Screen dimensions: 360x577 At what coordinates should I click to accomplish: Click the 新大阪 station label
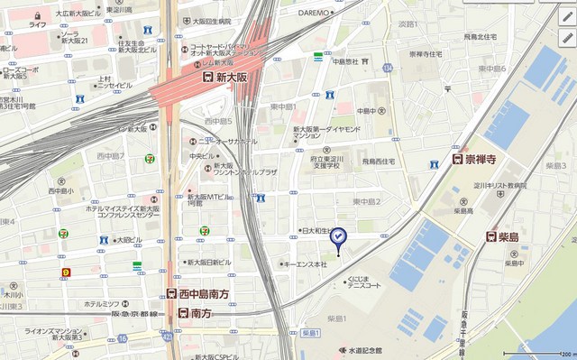coord(234,78)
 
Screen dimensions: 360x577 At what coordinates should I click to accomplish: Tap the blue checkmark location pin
coord(337,237)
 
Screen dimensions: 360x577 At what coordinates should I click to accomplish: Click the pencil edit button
coord(566,38)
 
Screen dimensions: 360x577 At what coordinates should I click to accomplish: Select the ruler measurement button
coord(566,14)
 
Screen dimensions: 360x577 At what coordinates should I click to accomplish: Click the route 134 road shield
coord(387,68)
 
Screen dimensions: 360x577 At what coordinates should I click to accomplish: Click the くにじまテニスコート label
coord(364,282)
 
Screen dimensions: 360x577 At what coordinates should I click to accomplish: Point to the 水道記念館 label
coord(361,350)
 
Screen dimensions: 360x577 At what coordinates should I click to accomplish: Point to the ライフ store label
coord(37,24)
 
